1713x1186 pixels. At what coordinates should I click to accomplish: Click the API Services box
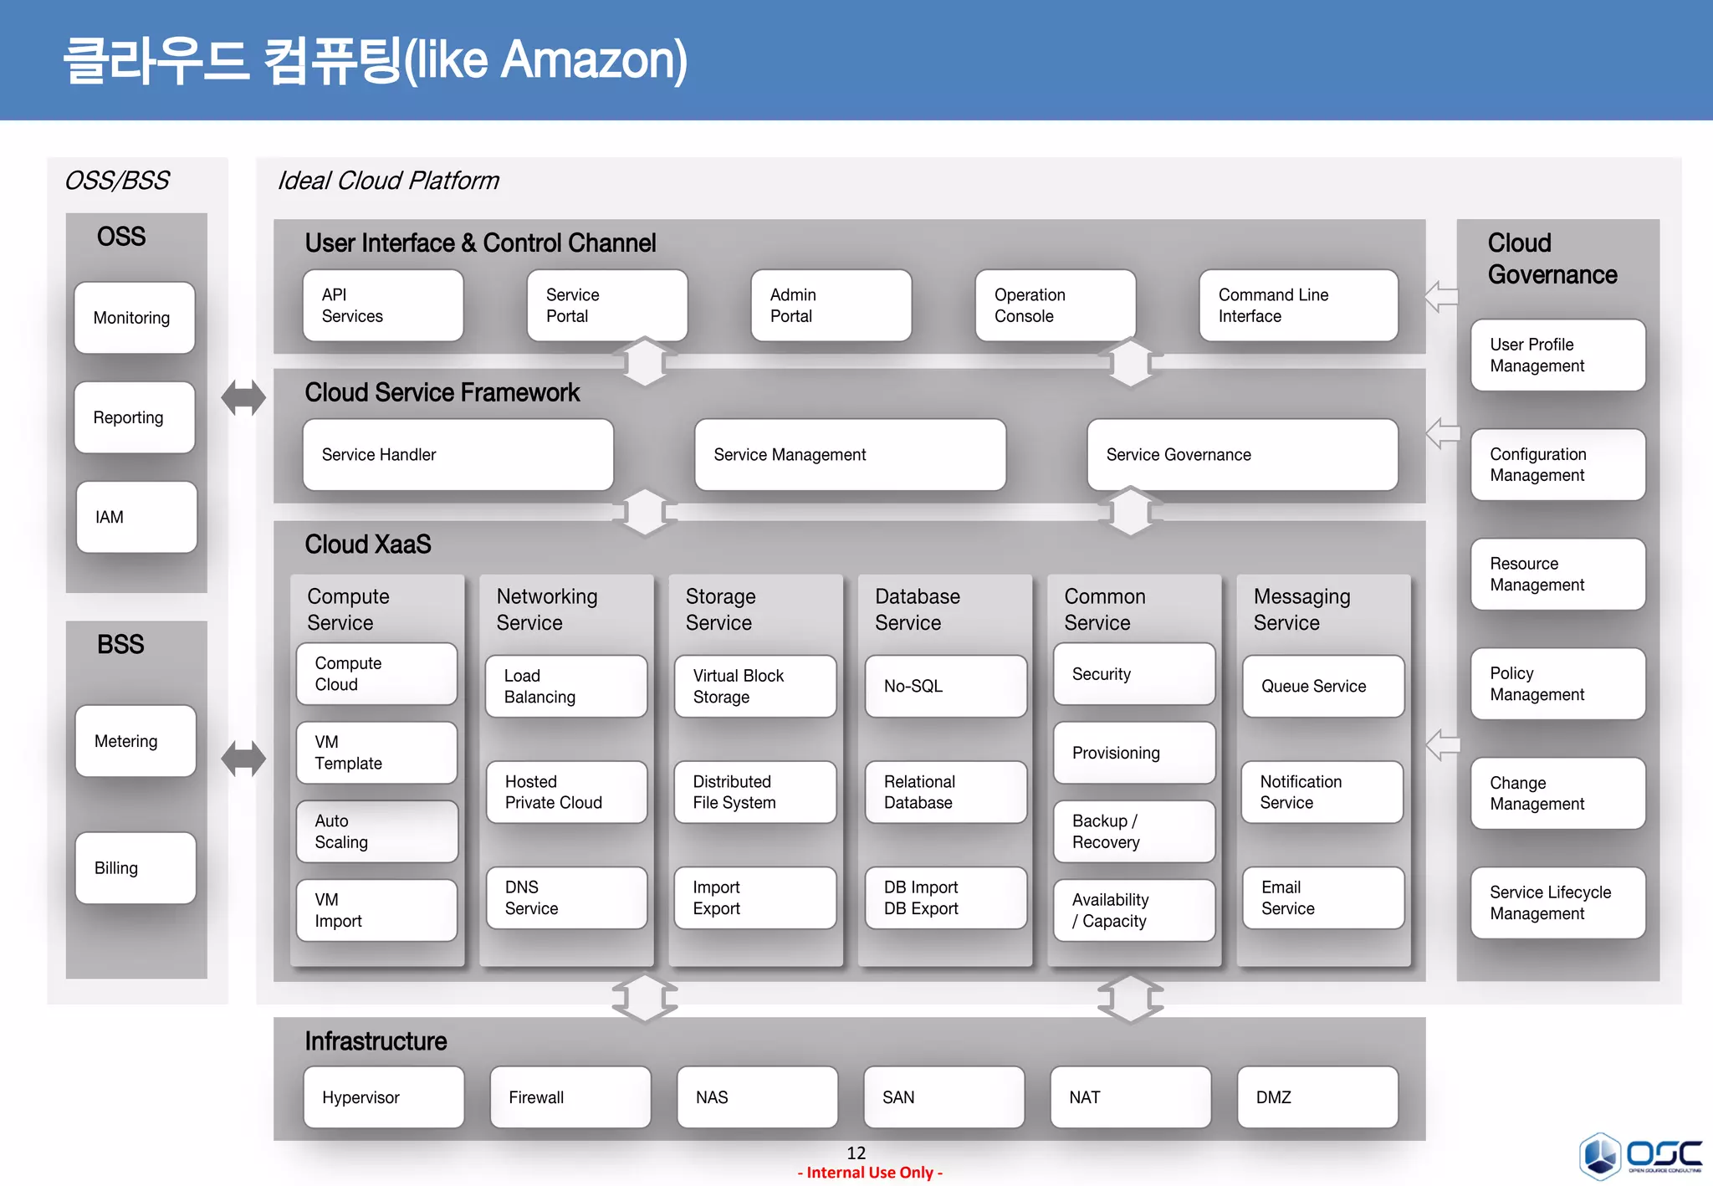pos(382,305)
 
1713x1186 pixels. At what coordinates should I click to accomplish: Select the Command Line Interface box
pos(1297,305)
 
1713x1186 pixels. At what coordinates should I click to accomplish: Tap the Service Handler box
pos(458,454)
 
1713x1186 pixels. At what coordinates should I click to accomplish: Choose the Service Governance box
pos(1241,454)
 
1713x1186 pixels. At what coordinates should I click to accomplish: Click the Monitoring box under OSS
pos(134,318)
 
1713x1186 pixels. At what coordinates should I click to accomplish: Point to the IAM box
pos(136,517)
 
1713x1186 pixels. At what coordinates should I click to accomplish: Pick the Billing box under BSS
pos(135,867)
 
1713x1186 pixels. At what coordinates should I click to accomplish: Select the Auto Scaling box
pos(376,831)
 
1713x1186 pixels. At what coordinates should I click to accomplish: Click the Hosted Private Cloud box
pos(566,792)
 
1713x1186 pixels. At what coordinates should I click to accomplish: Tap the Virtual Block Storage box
pos(754,686)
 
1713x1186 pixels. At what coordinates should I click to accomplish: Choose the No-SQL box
pos(945,686)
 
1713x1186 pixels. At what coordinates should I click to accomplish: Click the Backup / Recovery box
pos(1133,831)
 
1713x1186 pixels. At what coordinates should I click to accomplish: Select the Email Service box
pos(1322,897)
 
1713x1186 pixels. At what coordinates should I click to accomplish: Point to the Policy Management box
pos(1557,683)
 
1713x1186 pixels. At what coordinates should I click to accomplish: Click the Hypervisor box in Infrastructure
pos(383,1097)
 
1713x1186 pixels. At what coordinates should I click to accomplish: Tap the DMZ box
pos(1317,1097)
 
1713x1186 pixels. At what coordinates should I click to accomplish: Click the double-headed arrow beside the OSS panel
pos(243,397)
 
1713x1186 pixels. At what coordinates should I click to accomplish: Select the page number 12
pos(856,1153)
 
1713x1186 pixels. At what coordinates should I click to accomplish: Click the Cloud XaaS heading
pos(368,544)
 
